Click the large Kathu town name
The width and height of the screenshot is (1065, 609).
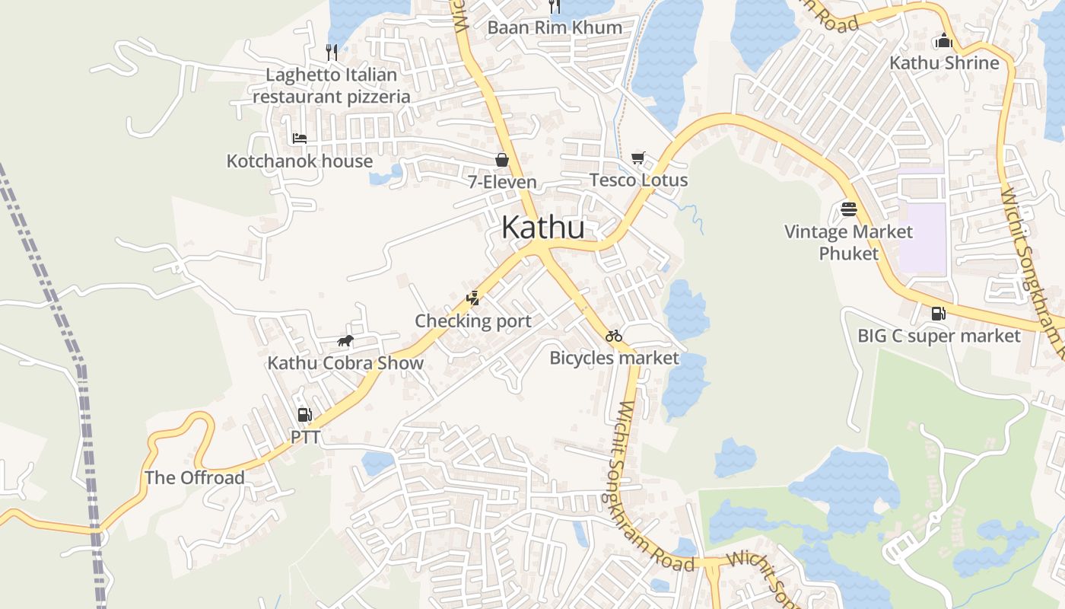click(543, 228)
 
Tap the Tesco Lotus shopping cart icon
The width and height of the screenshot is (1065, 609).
click(637, 158)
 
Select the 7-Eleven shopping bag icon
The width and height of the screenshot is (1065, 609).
click(502, 160)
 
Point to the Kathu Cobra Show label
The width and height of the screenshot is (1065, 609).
click(345, 363)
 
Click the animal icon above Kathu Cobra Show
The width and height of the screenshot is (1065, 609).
click(345, 340)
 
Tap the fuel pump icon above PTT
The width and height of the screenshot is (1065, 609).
click(304, 415)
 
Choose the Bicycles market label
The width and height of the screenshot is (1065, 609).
click(614, 358)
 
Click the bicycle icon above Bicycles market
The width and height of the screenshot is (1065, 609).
click(614, 336)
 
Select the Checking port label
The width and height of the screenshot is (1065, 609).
click(473, 321)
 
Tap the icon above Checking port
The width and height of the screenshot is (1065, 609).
click(473, 298)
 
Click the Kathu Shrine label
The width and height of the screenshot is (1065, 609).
click(944, 63)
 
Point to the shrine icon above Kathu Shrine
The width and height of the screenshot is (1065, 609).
click(944, 40)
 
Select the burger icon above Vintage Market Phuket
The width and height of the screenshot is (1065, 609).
click(849, 209)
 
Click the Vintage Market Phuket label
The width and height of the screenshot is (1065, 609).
click(849, 242)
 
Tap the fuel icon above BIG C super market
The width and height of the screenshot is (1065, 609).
click(939, 313)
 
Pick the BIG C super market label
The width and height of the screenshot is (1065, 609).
click(939, 336)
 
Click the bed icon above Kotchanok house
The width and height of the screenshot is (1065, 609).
click(300, 139)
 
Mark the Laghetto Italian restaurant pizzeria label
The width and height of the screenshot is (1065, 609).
click(332, 86)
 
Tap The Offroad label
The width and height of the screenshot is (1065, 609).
click(195, 478)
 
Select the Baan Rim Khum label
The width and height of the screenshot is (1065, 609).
click(555, 28)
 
